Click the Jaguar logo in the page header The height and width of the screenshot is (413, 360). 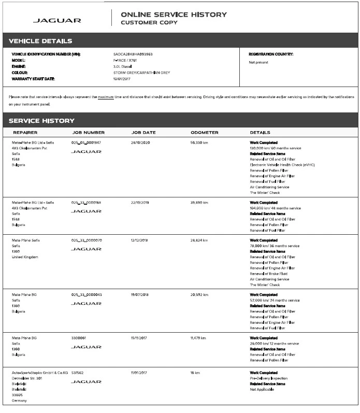[57, 21]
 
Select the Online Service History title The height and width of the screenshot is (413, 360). [174, 15]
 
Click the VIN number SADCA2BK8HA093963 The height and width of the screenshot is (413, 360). [133, 54]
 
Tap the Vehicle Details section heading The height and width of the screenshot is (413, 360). [40, 41]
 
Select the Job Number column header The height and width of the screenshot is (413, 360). [88, 133]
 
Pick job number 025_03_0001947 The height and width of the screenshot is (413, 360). [86, 142]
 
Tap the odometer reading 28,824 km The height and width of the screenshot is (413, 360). [199, 240]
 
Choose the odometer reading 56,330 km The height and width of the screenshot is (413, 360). [199, 142]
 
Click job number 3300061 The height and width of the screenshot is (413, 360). [79, 338]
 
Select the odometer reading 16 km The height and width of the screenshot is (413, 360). [195, 373]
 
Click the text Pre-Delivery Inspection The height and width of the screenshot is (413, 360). [268, 378]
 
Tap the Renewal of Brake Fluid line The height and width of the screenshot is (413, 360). [268, 274]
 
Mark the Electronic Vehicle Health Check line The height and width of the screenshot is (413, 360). [282, 165]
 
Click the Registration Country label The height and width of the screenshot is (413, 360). [271, 54]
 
